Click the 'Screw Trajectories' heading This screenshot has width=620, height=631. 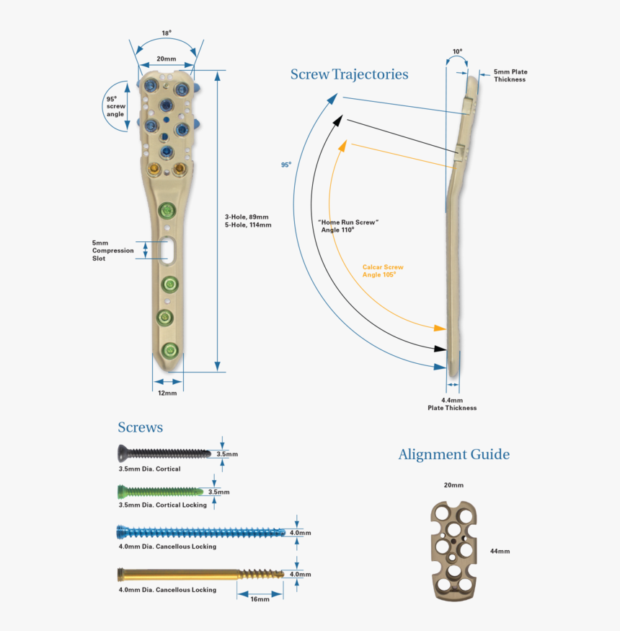click(349, 74)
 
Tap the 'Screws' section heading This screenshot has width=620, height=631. click(140, 427)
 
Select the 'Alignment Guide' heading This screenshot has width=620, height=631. click(453, 454)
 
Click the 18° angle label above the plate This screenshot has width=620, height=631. click(166, 33)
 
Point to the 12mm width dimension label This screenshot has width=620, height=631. click(167, 393)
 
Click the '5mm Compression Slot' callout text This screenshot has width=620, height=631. click(112, 251)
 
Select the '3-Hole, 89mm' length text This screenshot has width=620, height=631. click(247, 217)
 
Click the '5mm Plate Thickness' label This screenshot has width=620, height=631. click(510, 76)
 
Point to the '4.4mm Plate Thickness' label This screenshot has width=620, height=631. click(452, 404)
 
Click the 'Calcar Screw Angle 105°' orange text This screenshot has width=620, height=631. click(383, 271)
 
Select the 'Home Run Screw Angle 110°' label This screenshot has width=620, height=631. click(348, 226)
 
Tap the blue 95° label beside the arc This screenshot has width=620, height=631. click(286, 165)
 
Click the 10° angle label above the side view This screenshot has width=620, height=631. click(457, 52)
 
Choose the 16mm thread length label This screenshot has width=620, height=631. click(260, 599)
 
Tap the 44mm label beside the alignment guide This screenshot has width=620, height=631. click(499, 551)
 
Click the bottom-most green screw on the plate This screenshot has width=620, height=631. click(169, 351)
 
